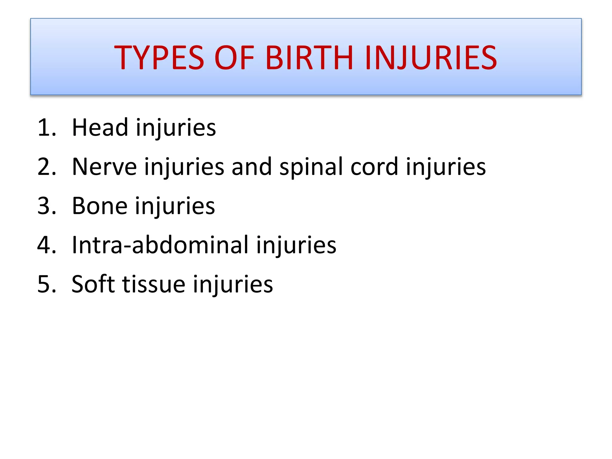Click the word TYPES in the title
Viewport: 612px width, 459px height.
(x=159, y=57)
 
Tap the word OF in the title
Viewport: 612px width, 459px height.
(x=234, y=57)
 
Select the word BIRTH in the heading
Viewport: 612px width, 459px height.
(x=310, y=57)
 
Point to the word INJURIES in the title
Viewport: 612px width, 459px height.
(x=431, y=57)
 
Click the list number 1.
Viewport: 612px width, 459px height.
(x=46, y=128)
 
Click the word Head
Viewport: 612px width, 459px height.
(x=100, y=128)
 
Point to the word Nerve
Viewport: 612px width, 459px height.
(x=104, y=167)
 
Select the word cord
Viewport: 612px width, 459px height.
(x=374, y=167)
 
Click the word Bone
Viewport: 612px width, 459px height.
(x=100, y=206)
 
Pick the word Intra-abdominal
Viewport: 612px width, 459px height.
(x=160, y=245)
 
